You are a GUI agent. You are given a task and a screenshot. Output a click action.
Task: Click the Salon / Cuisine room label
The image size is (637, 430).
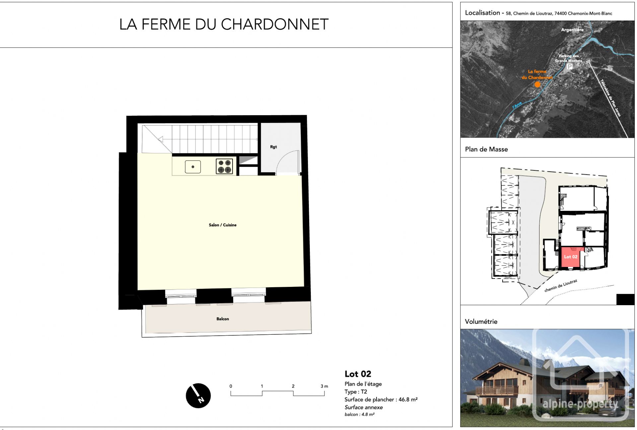tap(222, 225)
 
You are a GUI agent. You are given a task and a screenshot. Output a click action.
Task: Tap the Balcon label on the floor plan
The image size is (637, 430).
tap(222, 319)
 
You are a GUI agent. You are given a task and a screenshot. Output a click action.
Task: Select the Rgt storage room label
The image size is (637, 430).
tap(273, 147)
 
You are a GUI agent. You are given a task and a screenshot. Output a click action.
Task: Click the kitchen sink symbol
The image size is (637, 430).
tap(193, 167)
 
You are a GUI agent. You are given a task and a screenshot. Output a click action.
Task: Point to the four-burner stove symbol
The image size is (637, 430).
tap(224, 166)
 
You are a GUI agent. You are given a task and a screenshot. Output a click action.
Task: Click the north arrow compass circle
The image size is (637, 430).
tap(198, 395)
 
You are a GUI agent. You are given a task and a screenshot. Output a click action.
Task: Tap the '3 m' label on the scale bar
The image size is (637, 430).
tap(324, 386)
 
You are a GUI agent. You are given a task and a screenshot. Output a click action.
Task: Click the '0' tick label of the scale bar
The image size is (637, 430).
tap(231, 386)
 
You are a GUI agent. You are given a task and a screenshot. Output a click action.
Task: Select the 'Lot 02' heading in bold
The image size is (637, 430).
tap(358, 374)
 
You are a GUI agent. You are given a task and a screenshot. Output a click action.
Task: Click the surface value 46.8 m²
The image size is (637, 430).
tap(408, 399)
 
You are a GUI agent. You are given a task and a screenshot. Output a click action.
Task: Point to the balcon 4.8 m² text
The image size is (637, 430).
tap(359, 414)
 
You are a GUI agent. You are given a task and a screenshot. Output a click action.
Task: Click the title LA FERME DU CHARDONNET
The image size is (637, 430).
tap(224, 24)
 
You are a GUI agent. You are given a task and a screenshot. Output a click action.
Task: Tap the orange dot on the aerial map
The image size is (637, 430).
tap(537, 84)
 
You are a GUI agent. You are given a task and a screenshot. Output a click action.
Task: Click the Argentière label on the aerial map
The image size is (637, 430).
tap(572, 30)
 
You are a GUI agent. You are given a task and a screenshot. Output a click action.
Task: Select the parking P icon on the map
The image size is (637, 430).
tap(569, 67)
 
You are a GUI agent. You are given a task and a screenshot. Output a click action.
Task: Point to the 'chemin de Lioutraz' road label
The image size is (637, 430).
tap(560, 286)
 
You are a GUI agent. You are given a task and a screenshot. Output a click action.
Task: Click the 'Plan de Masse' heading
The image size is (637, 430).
tap(486, 149)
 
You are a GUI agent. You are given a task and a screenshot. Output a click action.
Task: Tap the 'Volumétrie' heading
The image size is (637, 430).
tap(481, 321)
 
